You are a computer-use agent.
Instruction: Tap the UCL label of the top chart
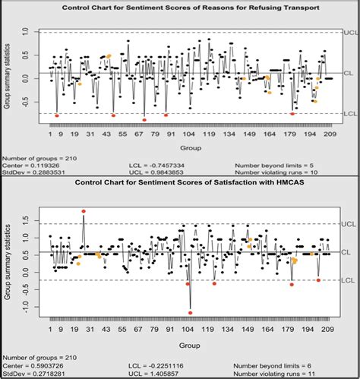[350, 32]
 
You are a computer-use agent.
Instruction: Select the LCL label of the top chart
[350, 114]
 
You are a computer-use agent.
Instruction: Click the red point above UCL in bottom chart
[84, 210]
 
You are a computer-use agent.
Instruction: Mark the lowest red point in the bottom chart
[190, 312]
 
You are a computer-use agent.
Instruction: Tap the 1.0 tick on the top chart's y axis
[25, 33]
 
